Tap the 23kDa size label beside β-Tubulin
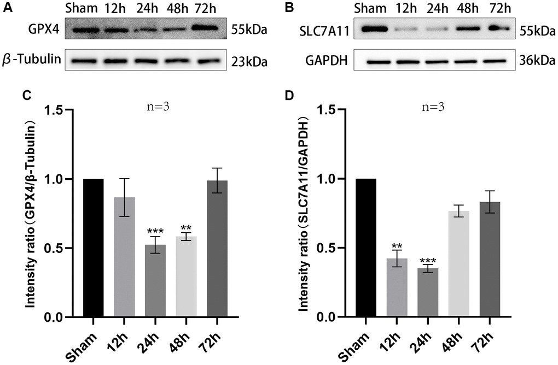[x=249, y=61]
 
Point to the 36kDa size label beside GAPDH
[x=538, y=61]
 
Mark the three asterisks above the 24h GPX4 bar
[x=155, y=232]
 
